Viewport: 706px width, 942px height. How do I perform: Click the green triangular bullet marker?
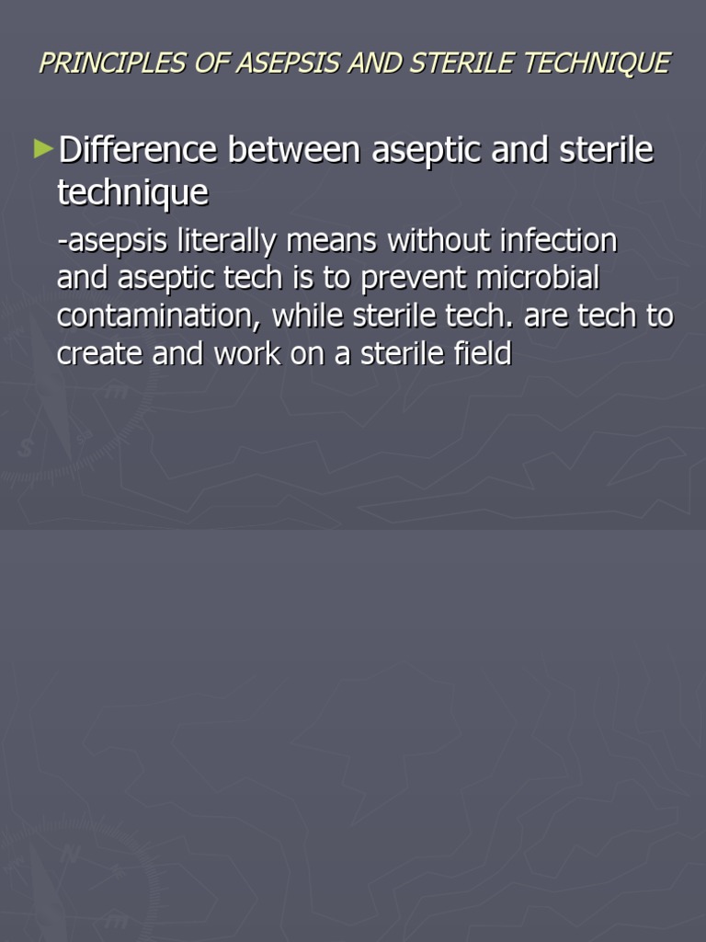click(43, 148)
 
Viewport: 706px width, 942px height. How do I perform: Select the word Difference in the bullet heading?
click(137, 151)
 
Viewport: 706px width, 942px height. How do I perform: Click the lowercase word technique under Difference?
click(132, 194)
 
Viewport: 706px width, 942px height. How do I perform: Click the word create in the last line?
click(98, 355)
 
